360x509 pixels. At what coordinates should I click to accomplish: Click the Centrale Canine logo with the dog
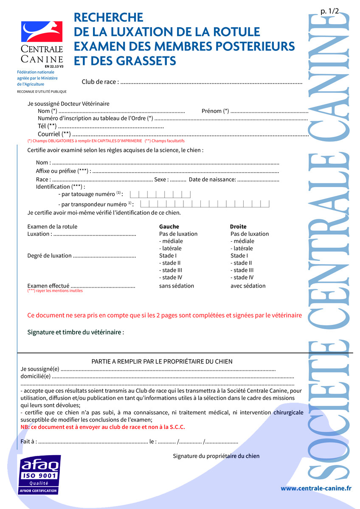(42, 32)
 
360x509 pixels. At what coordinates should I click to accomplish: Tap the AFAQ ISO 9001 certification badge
(39, 474)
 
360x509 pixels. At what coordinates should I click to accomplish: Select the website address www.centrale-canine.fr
(316, 488)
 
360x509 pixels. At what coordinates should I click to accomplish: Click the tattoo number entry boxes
(160, 194)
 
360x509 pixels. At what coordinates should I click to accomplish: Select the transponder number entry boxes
(205, 204)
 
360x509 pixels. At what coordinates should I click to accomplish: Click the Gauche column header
(169, 227)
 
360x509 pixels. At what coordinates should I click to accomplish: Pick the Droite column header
(238, 227)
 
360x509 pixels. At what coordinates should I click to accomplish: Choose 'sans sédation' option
(177, 286)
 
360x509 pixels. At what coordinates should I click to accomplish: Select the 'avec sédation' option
(248, 286)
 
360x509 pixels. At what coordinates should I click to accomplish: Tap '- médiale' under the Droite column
(242, 241)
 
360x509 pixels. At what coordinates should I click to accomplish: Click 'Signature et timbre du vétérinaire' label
(76, 332)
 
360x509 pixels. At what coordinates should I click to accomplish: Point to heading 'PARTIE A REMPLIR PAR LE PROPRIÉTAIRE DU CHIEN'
(162, 361)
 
